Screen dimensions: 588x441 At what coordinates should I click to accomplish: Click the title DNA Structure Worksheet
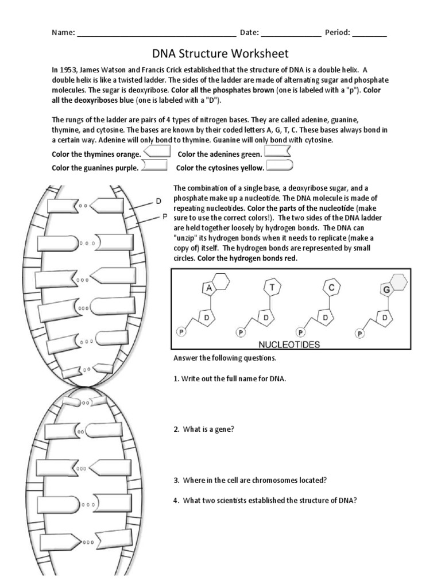point(220,54)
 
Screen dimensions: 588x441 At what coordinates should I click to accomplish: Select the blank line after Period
point(369,33)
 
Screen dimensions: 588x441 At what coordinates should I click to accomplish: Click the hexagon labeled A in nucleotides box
point(209,287)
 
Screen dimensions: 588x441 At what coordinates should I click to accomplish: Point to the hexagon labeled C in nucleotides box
point(331,287)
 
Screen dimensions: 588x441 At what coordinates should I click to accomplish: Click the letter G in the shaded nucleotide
point(387,289)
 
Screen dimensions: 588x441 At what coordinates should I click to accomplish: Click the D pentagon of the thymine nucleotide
point(266,316)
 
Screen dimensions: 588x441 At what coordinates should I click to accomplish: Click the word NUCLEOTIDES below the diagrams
point(289,345)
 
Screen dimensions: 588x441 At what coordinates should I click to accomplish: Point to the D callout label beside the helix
point(158,201)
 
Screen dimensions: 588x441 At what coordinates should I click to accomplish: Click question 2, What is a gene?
point(203,430)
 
